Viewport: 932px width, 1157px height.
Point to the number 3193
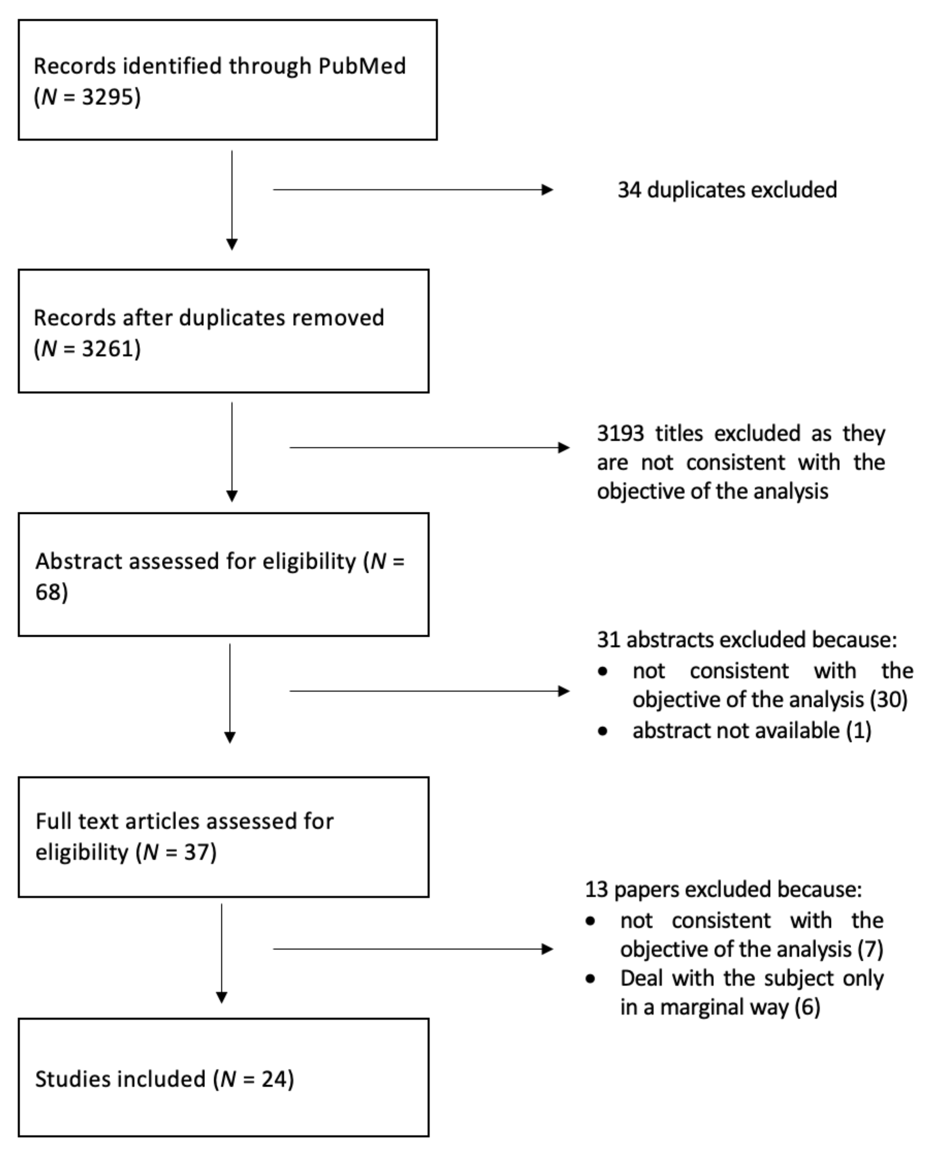620,433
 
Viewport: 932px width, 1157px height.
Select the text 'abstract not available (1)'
751,731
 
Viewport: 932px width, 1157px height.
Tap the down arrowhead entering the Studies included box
221,998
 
